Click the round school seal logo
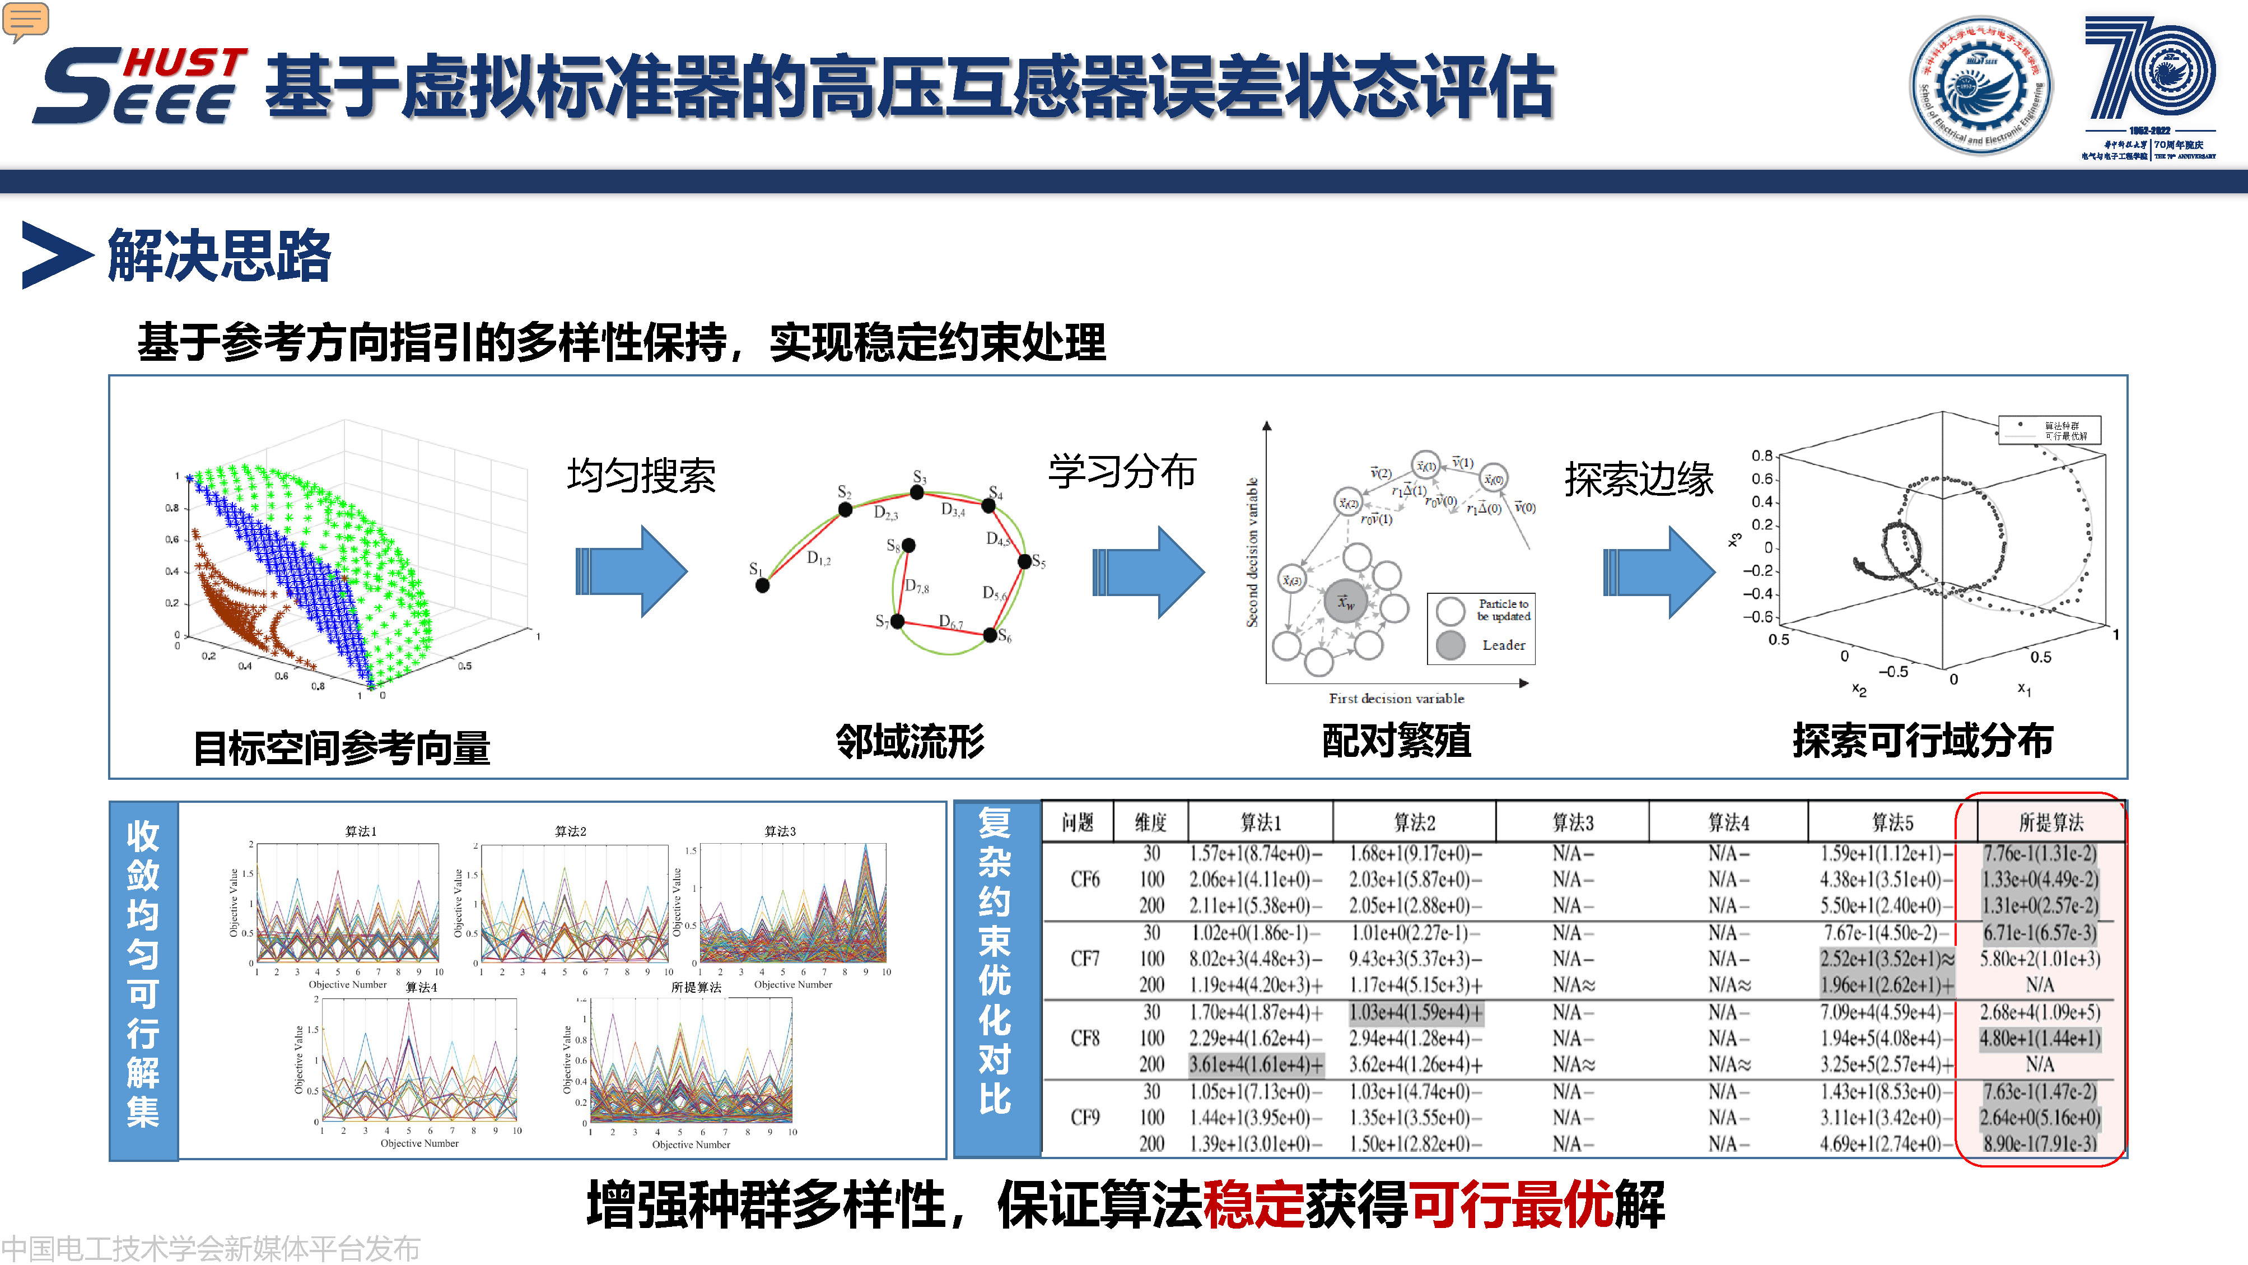click(1980, 86)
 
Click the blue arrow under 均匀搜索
click(631, 572)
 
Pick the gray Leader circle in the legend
click(1451, 645)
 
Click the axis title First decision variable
click(1396, 699)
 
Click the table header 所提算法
click(2050, 822)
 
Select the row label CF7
click(1085, 959)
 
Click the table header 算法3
click(1573, 822)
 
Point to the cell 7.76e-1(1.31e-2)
click(2040, 853)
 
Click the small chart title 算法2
click(571, 831)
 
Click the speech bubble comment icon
click(25, 21)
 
